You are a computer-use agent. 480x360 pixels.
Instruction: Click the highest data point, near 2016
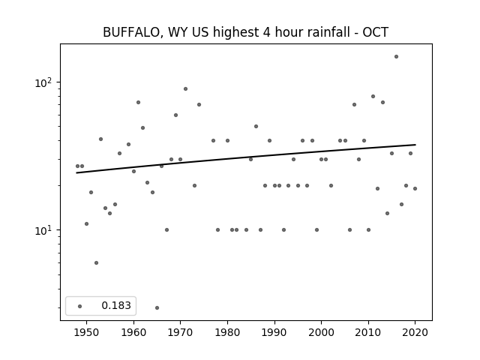click(396, 57)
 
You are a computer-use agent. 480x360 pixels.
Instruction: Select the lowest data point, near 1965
click(157, 307)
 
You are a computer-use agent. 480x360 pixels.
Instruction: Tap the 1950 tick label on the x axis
click(87, 332)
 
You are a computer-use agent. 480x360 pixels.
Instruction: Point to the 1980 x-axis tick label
click(227, 332)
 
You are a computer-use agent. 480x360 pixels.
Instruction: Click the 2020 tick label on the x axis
click(415, 332)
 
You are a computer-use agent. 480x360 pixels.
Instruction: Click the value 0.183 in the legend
click(116, 305)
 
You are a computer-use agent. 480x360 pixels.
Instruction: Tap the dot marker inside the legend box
click(80, 306)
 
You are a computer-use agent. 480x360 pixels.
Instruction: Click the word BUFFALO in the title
click(130, 32)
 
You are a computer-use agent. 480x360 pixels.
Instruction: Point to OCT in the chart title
click(375, 32)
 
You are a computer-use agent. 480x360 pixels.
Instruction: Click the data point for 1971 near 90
click(185, 88)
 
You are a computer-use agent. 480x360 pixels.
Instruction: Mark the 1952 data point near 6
click(96, 262)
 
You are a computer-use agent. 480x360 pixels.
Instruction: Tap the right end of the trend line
click(415, 145)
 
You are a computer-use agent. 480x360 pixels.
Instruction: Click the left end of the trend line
click(76, 173)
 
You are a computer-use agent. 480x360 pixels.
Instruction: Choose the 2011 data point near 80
click(373, 96)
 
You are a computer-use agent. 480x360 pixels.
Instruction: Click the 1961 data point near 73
click(138, 102)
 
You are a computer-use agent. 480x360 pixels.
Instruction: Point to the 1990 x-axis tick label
click(274, 332)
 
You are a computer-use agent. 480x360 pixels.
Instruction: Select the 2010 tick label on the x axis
click(368, 332)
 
